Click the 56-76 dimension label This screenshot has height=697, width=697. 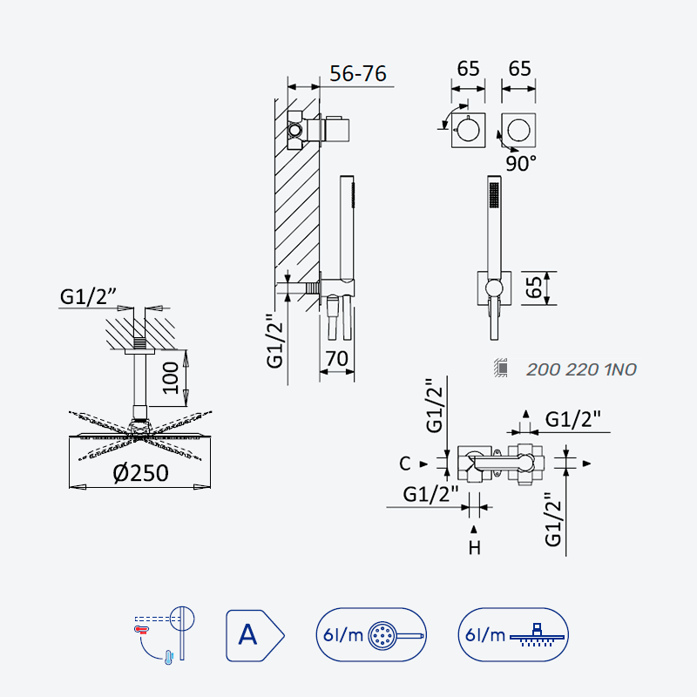358,74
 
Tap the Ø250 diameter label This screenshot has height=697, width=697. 141,473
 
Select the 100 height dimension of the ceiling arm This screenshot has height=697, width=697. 171,378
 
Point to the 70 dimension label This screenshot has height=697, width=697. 337,359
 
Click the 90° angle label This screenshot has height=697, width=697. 521,164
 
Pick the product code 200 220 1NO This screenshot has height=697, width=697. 581,369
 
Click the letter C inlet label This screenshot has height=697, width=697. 404,464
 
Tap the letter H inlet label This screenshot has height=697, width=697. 474,548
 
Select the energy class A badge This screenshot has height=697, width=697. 254,635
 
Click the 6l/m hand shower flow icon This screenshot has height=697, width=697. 371,635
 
